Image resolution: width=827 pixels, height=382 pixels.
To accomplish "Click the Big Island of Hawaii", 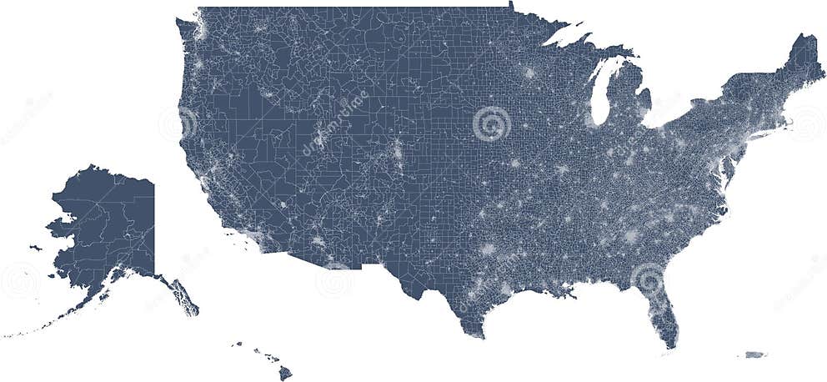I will click(x=285, y=373).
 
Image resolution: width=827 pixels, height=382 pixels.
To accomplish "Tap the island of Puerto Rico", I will click(x=754, y=354).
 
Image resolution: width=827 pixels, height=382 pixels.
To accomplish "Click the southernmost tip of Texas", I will click(x=482, y=336).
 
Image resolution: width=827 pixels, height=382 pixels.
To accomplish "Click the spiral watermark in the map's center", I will click(x=492, y=124).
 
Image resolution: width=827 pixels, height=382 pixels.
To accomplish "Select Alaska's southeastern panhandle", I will click(x=184, y=297).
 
